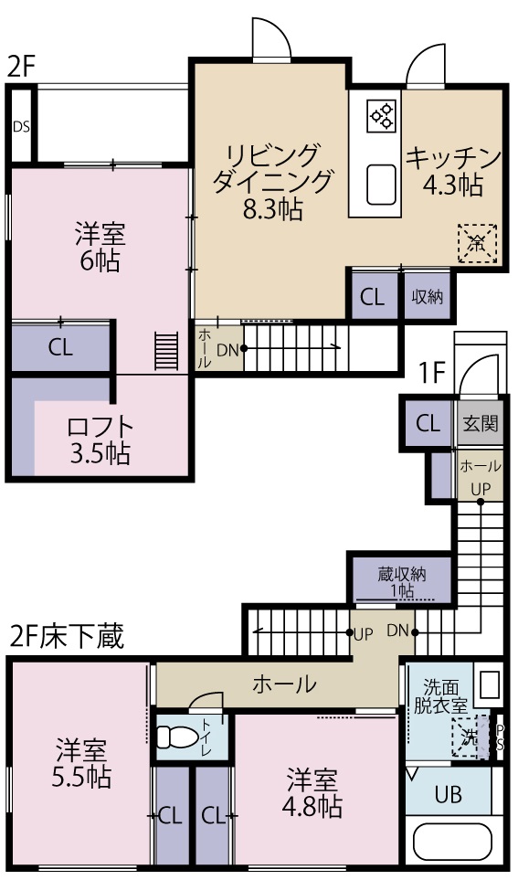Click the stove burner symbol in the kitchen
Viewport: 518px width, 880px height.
(381, 114)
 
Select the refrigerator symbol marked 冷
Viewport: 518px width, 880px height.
(477, 243)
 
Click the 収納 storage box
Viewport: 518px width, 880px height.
(427, 296)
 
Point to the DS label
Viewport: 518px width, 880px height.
(21, 125)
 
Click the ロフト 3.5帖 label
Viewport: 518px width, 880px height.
(100, 440)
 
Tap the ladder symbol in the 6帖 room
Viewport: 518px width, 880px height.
(165, 350)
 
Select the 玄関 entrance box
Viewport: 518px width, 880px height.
(480, 423)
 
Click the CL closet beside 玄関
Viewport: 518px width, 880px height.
(428, 423)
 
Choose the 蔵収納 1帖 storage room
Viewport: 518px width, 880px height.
(401, 579)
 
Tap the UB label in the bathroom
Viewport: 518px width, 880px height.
(448, 794)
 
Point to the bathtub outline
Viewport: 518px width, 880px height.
(452, 841)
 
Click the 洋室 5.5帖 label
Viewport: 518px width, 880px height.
(82, 764)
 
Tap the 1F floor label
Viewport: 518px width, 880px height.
(431, 373)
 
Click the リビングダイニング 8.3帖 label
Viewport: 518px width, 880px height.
(271, 181)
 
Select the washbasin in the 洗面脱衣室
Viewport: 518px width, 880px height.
(489, 685)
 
